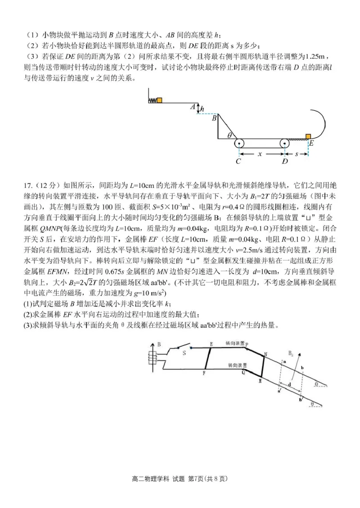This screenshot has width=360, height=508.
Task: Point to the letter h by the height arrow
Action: click(202, 109)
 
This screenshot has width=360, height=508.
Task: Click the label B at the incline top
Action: click(214, 118)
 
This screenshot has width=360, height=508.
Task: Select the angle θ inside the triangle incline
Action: click(229, 134)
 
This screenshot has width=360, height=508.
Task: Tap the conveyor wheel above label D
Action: click(284, 144)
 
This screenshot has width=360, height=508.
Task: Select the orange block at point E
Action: click(308, 137)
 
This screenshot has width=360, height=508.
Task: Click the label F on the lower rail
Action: click(204, 372)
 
